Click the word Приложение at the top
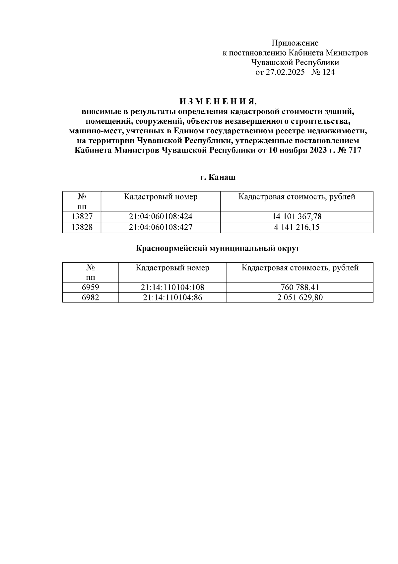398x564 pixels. (x=295, y=43)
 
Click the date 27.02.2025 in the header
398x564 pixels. (x=285, y=72)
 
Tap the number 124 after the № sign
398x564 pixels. (x=328, y=72)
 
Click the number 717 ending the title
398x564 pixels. (x=355, y=150)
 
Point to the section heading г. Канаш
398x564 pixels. (x=218, y=177)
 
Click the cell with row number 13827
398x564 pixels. (x=82, y=217)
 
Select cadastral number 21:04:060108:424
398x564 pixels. (x=161, y=217)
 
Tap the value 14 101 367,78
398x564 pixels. (x=297, y=217)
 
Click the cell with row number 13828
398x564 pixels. (x=82, y=227)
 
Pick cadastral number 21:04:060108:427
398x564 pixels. (x=161, y=227)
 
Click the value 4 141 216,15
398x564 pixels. (x=297, y=227)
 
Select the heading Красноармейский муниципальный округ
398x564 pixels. (x=218, y=248)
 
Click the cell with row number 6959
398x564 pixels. (x=90, y=287)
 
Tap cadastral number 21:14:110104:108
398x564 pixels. (x=172, y=287)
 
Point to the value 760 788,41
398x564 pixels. (x=300, y=287)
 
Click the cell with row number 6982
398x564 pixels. (x=90, y=297)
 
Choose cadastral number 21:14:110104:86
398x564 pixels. (x=172, y=297)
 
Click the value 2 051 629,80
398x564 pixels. (x=300, y=297)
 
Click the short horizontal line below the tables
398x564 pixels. (x=218, y=332)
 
